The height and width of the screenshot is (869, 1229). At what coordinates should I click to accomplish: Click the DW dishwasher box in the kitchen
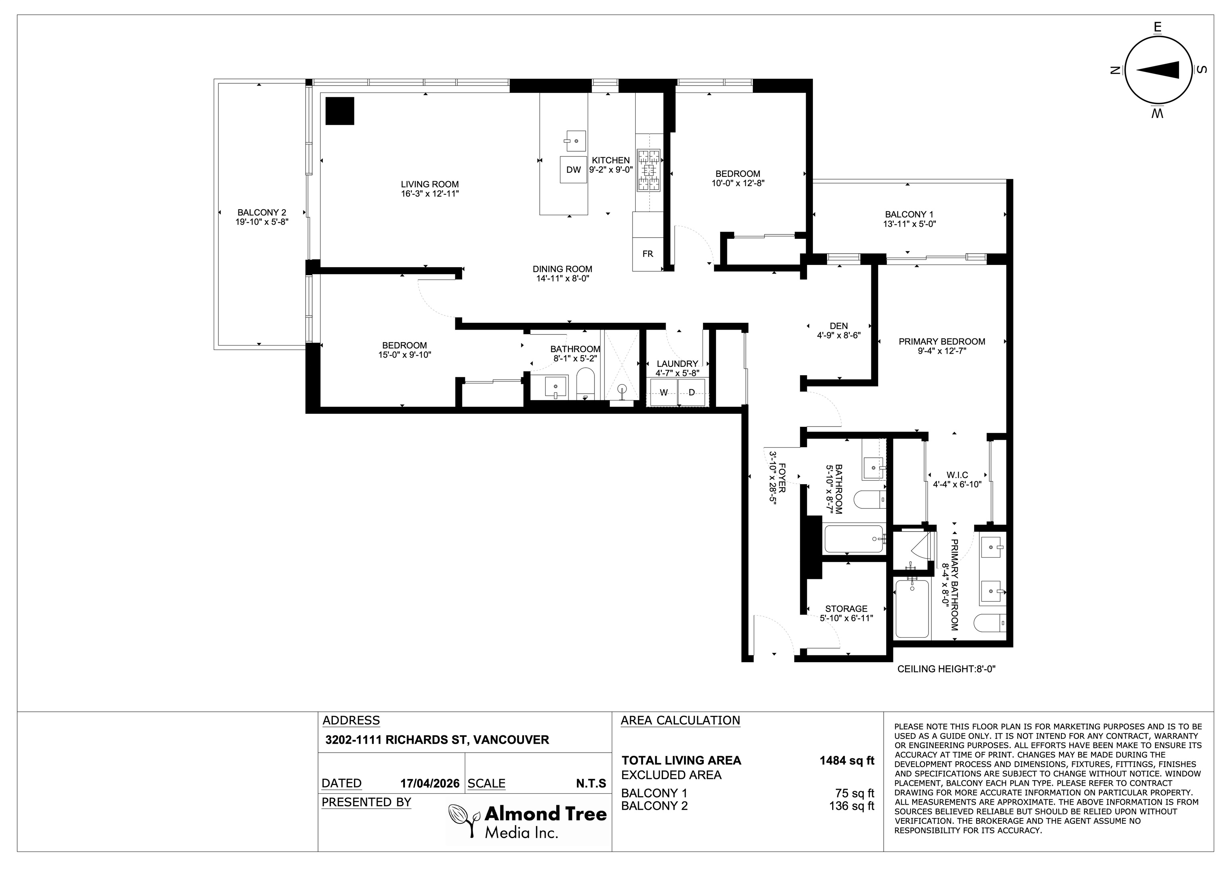click(573, 170)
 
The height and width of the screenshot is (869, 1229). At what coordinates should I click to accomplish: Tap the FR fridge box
click(648, 254)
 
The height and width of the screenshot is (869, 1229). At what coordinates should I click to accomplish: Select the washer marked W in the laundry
click(664, 392)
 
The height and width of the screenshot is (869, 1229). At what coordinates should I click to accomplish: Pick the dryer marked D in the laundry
click(692, 392)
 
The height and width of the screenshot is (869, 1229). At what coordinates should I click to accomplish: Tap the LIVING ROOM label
click(430, 184)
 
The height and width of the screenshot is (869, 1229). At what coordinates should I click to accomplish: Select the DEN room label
click(839, 326)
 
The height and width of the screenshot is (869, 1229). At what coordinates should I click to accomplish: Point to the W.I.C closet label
click(957, 475)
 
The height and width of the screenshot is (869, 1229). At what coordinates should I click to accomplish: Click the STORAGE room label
click(846, 609)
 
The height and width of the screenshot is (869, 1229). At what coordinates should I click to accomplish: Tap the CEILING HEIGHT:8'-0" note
click(947, 669)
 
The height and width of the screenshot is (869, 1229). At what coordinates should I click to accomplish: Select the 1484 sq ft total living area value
click(847, 760)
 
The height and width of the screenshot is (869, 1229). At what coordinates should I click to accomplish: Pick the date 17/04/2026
click(430, 783)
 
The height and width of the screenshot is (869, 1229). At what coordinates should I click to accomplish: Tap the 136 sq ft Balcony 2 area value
click(852, 806)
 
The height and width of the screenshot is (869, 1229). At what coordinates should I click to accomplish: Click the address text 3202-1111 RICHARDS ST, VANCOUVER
click(437, 740)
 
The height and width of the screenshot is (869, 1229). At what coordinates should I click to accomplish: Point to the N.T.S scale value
click(591, 783)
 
